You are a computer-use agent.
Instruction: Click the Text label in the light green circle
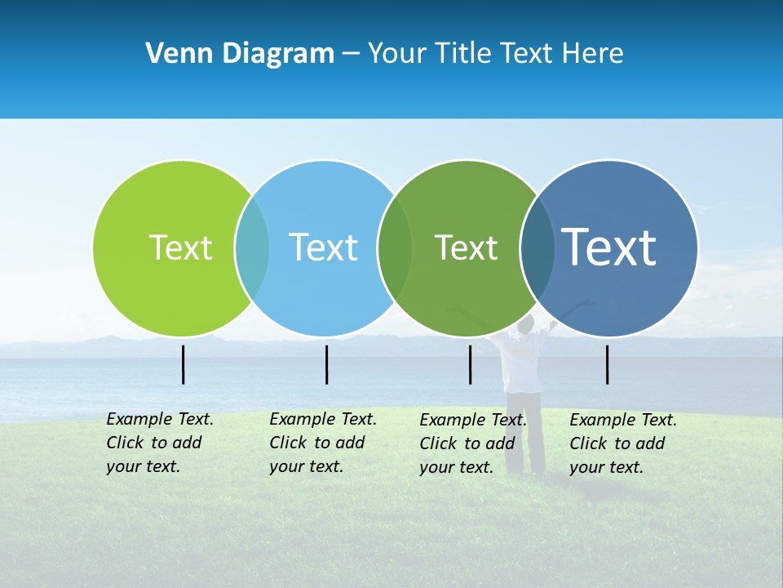[180, 247]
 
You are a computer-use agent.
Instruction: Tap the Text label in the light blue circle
[323, 247]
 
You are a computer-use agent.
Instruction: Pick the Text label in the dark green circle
[466, 247]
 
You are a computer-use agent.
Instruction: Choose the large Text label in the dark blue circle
[609, 247]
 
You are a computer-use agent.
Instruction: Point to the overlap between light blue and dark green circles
[395, 247]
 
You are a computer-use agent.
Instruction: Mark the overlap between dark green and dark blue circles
[537, 247]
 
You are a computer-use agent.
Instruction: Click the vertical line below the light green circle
[184, 364]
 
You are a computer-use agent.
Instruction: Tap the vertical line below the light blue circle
[326, 364]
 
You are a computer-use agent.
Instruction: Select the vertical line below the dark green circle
[470, 364]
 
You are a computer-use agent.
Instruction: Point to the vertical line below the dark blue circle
[607, 364]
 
